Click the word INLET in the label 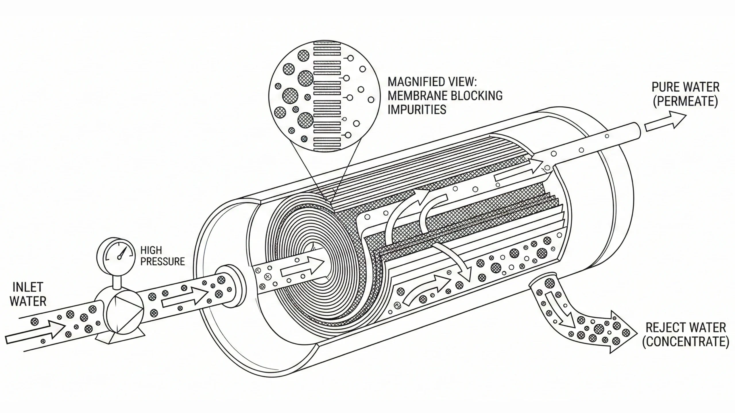click(x=28, y=287)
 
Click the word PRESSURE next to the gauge click(x=163, y=262)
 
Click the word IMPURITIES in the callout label click(x=417, y=110)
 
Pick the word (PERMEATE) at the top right click(x=685, y=102)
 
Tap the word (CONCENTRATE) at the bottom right click(x=685, y=342)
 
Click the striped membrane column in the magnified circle click(x=327, y=95)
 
